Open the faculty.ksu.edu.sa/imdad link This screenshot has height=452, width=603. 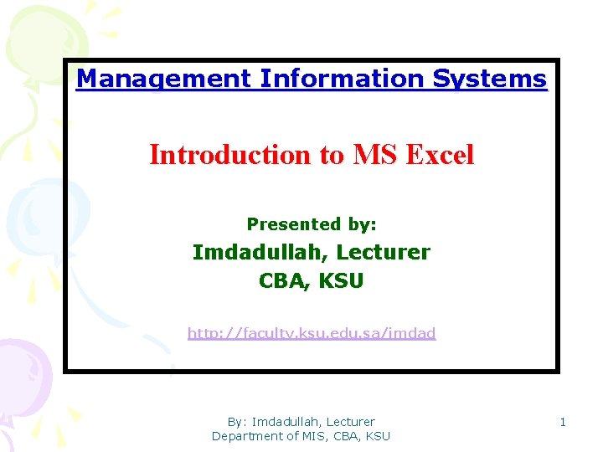point(312,333)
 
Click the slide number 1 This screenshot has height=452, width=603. point(563,422)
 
